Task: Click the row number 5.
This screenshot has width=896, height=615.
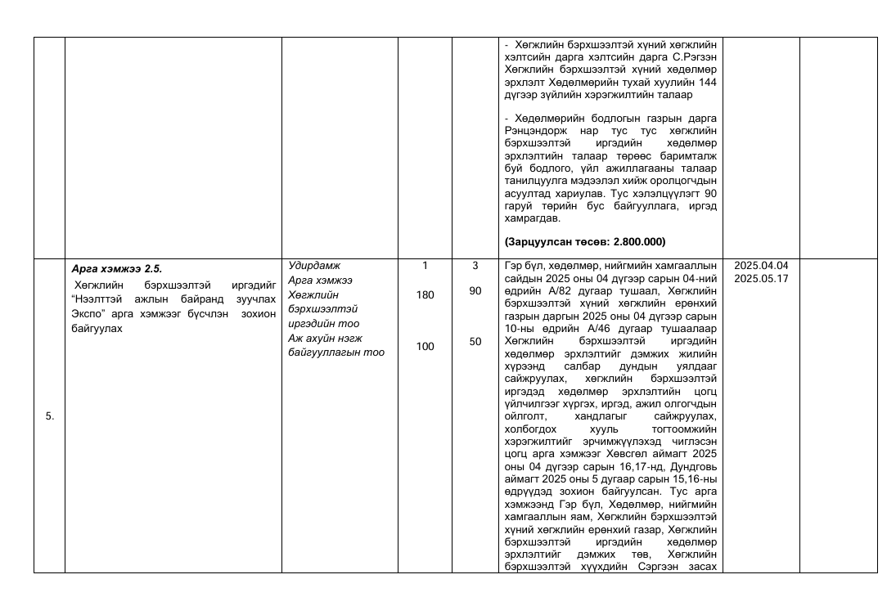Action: click(50, 416)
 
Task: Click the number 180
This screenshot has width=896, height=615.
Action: click(425, 294)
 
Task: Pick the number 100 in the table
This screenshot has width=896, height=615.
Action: click(425, 346)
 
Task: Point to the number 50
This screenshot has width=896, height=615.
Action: click(475, 342)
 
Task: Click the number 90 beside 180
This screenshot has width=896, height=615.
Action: click(475, 290)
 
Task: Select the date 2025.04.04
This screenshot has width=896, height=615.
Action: click(761, 266)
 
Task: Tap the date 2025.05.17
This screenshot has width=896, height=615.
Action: click(761, 278)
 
